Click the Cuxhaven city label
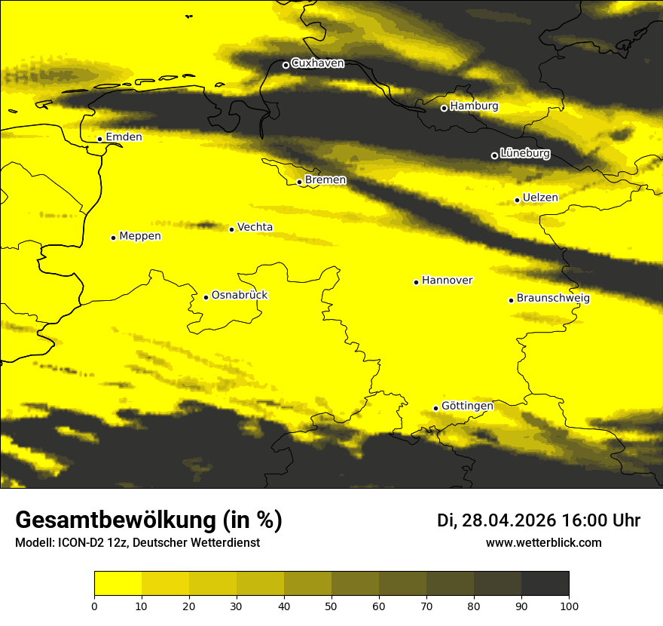tap(317, 63)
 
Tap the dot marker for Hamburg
tap(445, 108)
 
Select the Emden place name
tap(124, 137)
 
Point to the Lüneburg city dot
tap(494, 155)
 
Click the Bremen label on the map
tap(325, 180)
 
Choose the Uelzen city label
tap(540, 198)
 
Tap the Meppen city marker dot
tap(113, 238)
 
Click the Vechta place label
tap(255, 227)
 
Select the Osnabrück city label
tap(240, 295)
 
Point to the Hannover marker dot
tap(416, 282)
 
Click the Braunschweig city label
tap(553, 299)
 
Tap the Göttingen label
tap(467, 406)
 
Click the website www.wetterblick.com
tap(543, 542)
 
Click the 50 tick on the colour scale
tap(331, 605)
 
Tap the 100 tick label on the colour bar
tap(569, 605)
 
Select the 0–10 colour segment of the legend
tap(118, 584)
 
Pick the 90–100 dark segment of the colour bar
tap(545, 584)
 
